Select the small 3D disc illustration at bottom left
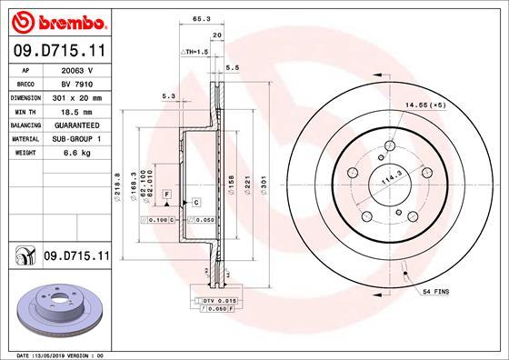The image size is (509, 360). (x=56, y=310)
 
